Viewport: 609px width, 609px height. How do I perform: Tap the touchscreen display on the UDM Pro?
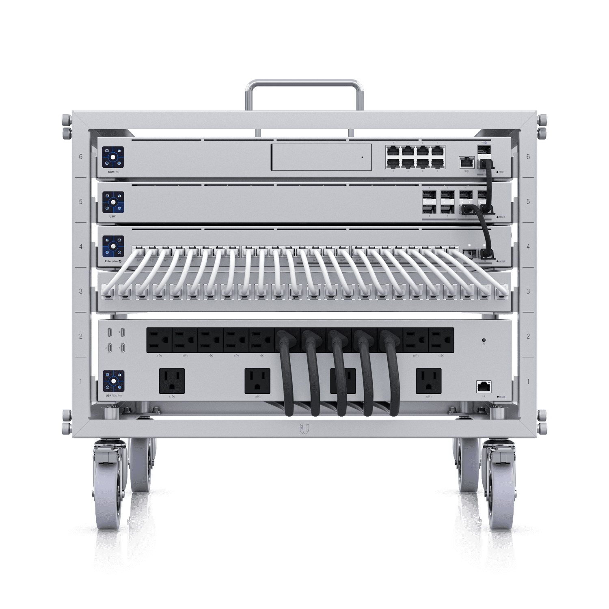[113, 157]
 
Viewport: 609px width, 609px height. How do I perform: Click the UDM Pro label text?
[110, 172]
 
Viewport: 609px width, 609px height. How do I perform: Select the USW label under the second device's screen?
[112, 217]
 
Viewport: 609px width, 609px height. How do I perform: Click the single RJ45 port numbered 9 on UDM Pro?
[465, 162]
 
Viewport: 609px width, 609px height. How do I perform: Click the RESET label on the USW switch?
[502, 217]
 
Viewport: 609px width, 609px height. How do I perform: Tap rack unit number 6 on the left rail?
[81, 157]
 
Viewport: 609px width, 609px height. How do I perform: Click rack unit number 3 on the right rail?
[528, 291]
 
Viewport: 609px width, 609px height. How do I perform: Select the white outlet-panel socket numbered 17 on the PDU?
[172, 381]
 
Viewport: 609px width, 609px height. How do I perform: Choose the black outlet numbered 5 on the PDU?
[159, 340]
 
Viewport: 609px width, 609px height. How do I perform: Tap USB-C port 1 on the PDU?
[109, 333]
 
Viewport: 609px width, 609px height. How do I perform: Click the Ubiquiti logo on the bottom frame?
[304, 429]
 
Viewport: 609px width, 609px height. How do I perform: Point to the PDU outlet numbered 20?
[429, 381]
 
